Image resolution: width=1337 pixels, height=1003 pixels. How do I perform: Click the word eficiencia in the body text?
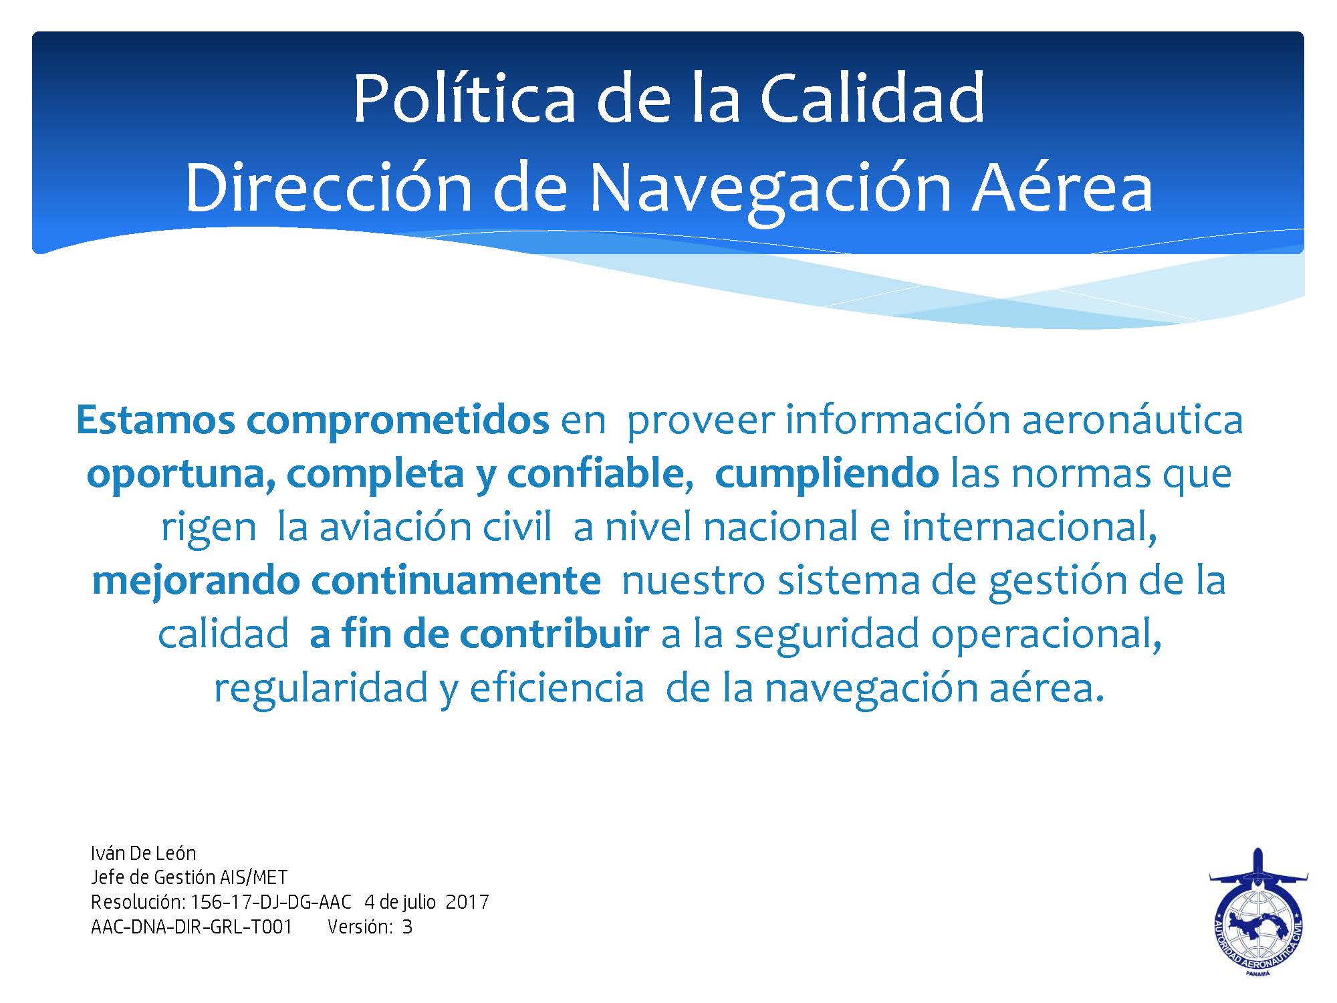click(557, 687)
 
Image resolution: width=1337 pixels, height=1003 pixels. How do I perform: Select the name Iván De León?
click(143, 853)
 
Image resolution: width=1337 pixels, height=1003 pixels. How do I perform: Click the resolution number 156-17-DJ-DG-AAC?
click(271, 903)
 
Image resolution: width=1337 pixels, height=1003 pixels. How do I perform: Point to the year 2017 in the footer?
click(467, 903)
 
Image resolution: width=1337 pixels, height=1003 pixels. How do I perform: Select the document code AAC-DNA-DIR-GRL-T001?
click(191, 927)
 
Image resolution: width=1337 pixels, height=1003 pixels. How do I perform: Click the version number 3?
click(407, 927)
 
